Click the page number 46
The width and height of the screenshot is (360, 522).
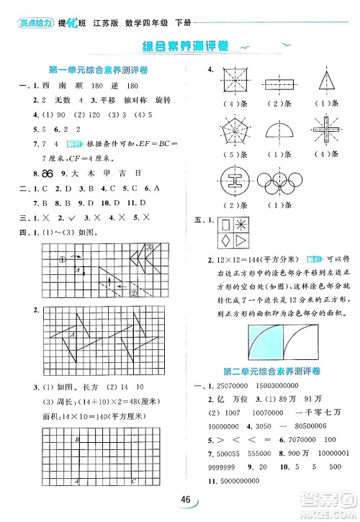[x=186, y=501]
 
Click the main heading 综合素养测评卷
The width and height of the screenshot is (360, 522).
[x=181, y=46]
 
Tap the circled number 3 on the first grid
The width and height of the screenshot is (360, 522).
[x=150, y=247]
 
